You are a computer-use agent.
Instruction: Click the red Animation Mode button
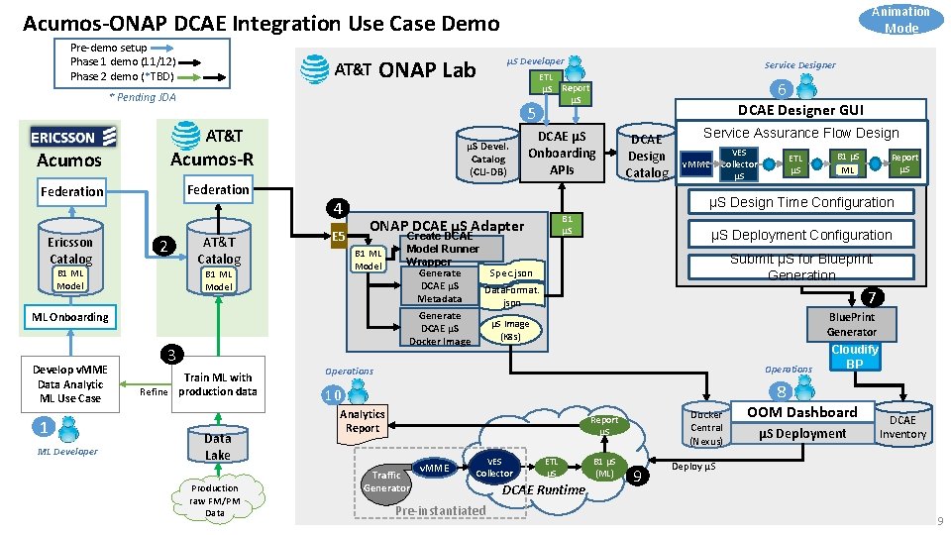point(900,20)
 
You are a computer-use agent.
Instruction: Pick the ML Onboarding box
point(70,317)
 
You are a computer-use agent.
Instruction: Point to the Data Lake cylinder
point(217,446)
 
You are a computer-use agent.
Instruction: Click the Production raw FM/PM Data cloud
point(215,499)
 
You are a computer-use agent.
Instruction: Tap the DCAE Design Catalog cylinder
point(647,156)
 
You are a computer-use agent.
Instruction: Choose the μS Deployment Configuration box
point(801,235)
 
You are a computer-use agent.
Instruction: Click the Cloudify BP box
point(854,357)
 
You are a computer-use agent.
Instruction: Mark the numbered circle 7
point(872,297)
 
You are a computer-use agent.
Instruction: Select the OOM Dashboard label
point(801,412)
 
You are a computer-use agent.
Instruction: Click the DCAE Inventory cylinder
point(902,427)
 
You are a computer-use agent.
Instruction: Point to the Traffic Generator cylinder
point(386,481)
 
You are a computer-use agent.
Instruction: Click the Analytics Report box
point(363,421)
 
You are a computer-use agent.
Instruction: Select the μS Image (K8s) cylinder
point(511,331)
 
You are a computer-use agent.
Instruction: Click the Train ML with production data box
point(218,384)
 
